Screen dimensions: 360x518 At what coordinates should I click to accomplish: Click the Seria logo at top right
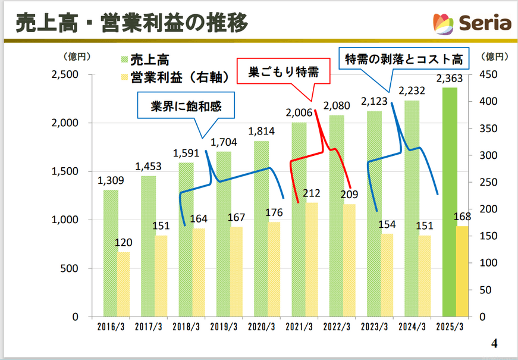(x=473, y=23)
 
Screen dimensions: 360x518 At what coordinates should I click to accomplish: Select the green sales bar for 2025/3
(x=450, y=202)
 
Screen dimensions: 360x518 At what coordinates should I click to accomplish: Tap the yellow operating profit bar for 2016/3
(x=124, y=284)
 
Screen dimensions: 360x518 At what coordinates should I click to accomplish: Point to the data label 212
(x=311, y=193)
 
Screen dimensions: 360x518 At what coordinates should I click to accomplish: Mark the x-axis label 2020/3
(x=262, y=327)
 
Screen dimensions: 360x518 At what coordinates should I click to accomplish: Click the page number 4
(x=494, y=343)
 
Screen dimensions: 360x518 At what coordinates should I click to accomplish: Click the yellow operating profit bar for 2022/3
(x=349, y=261)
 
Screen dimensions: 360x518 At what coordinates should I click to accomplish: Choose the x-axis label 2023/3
(x=375, y=327)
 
